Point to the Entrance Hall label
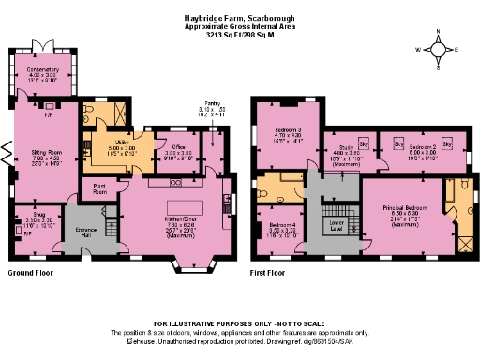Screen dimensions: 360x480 (86, 230)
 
